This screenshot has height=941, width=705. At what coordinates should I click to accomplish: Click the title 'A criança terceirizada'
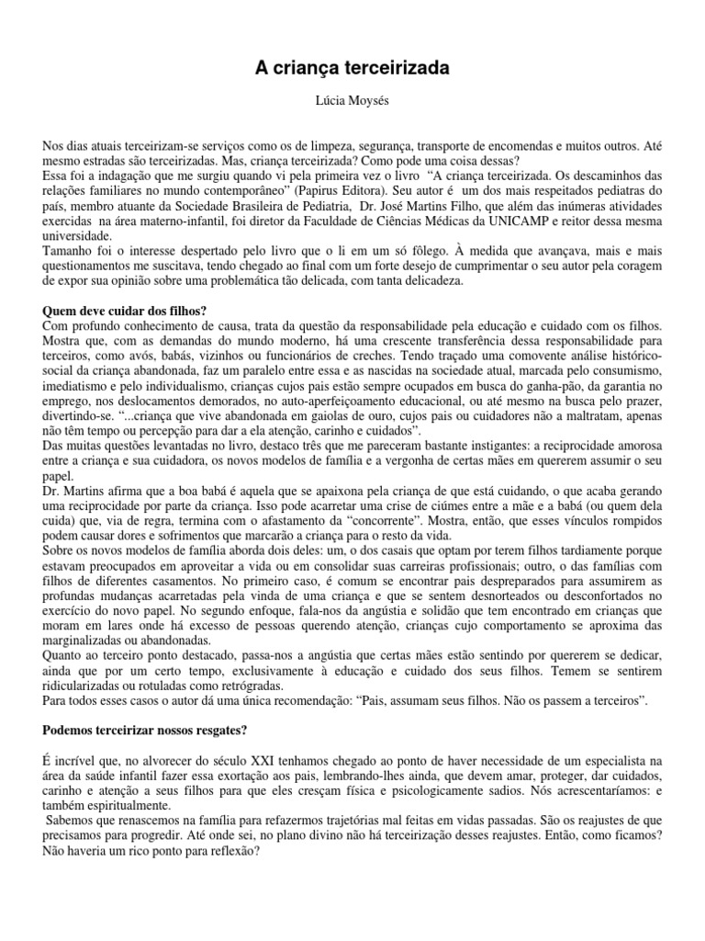pyautogui.click(x=352, y=68)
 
